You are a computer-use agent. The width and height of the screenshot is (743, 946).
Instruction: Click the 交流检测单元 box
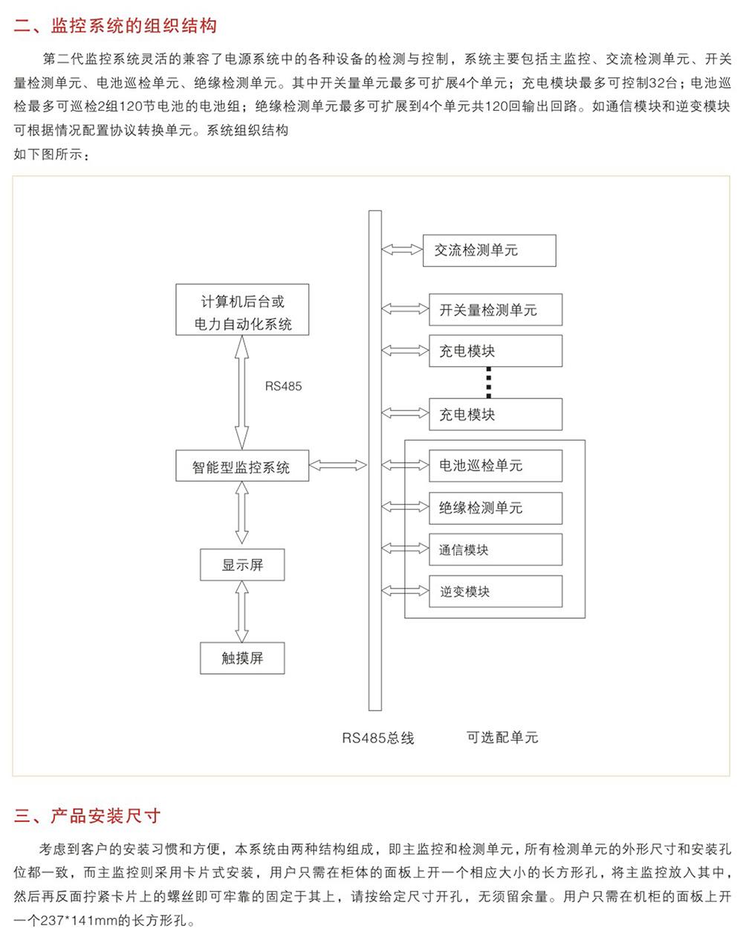pos(489,250)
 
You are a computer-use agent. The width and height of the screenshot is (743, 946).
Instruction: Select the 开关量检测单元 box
pos(496,310)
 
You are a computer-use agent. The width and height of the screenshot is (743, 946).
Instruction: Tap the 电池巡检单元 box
pos(496,466)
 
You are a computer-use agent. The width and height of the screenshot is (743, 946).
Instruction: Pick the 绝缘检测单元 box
pos(496,508)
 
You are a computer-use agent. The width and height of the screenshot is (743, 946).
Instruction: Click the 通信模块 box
pos(496,549)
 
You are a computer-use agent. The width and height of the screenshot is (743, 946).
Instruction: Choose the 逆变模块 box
pos(496,592)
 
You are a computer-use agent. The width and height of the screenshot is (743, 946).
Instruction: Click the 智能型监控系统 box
pos(242,466)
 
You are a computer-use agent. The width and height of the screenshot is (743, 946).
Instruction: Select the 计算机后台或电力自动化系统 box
pos(242,310)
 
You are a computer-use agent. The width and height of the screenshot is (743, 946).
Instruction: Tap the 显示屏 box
pos(242,565)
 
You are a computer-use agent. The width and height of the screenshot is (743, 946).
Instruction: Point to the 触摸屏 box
pos(242,658)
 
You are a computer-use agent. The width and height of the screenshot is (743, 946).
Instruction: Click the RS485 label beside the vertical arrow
pos(283,386)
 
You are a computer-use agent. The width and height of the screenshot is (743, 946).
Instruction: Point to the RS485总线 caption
pos(377,738)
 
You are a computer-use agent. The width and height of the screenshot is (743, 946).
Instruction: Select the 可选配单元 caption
pos(502,737)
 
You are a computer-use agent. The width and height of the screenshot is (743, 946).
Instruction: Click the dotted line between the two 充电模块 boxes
pos(489,383)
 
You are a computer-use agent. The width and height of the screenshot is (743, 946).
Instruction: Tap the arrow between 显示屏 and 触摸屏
pos(242,611)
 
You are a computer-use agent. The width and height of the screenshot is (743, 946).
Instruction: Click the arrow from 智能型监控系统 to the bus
pos(338,465)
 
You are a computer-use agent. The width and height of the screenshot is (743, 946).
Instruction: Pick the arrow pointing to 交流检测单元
pos(402,250)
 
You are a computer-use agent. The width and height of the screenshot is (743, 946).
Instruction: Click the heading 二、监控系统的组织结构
pos(115,26)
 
